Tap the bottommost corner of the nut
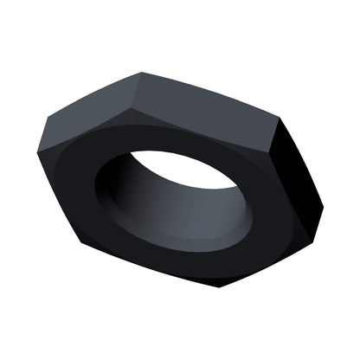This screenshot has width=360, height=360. click(221, 286)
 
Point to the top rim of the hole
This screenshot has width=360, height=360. click(182, 152)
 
